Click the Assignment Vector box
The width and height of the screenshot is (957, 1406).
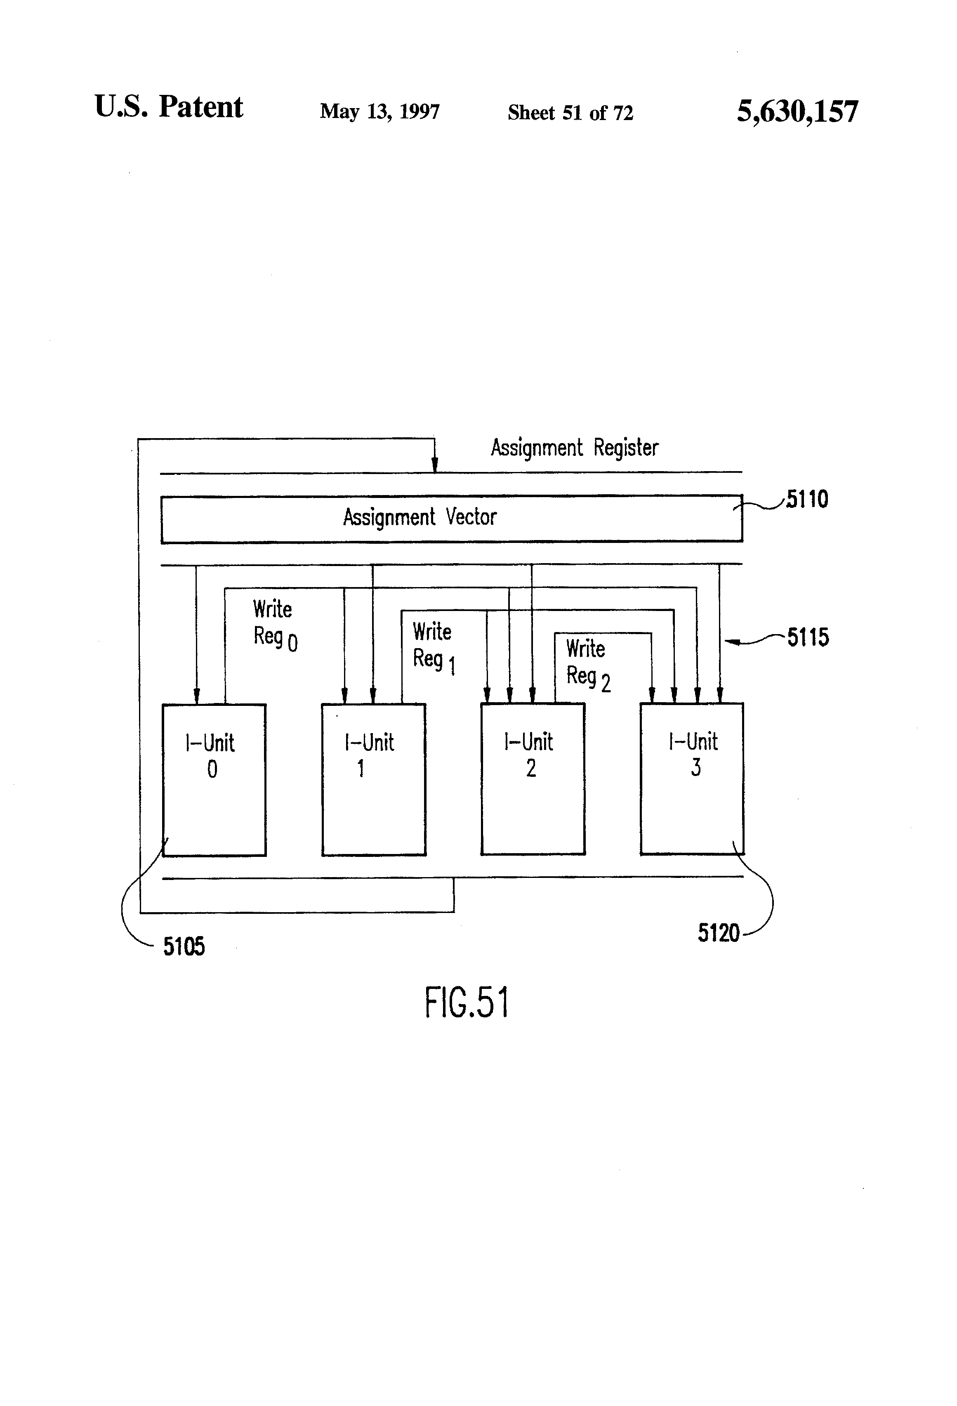[x=451, y=519]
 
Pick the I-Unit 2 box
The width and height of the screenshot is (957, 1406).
[x=533, y=779]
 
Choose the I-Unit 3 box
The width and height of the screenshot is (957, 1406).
[x=691, y=779]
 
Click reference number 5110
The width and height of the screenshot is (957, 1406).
[x=807, y=500]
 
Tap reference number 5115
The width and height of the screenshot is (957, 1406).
[x=808, y=637]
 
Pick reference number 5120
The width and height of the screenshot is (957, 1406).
[x=719, y=933]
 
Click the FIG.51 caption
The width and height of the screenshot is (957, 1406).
[x=467, y=1003]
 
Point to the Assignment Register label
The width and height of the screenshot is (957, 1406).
[x=574, y=448]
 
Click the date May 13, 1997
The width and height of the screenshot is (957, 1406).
[x=379, y=111]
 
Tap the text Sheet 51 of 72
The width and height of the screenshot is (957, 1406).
[x=570, y=113]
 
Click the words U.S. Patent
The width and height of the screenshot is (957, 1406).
[x=169, y=107]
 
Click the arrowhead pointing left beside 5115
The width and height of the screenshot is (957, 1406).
[x=731, y=642]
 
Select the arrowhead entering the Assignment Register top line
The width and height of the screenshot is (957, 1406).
[x=434, y=466]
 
